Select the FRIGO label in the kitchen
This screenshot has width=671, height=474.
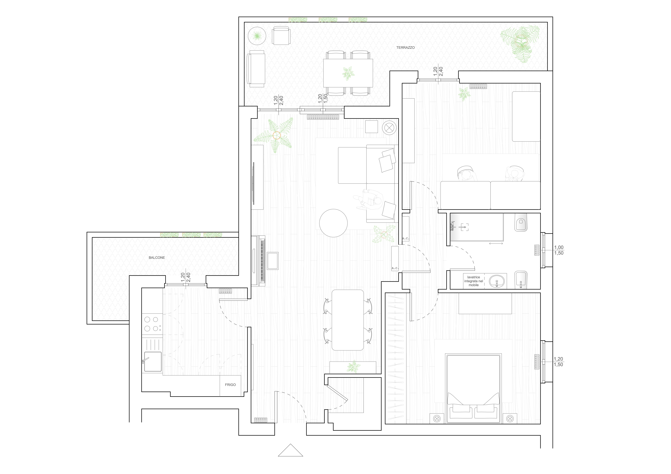(230, 385)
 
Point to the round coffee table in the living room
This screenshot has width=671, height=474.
(333, 223)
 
